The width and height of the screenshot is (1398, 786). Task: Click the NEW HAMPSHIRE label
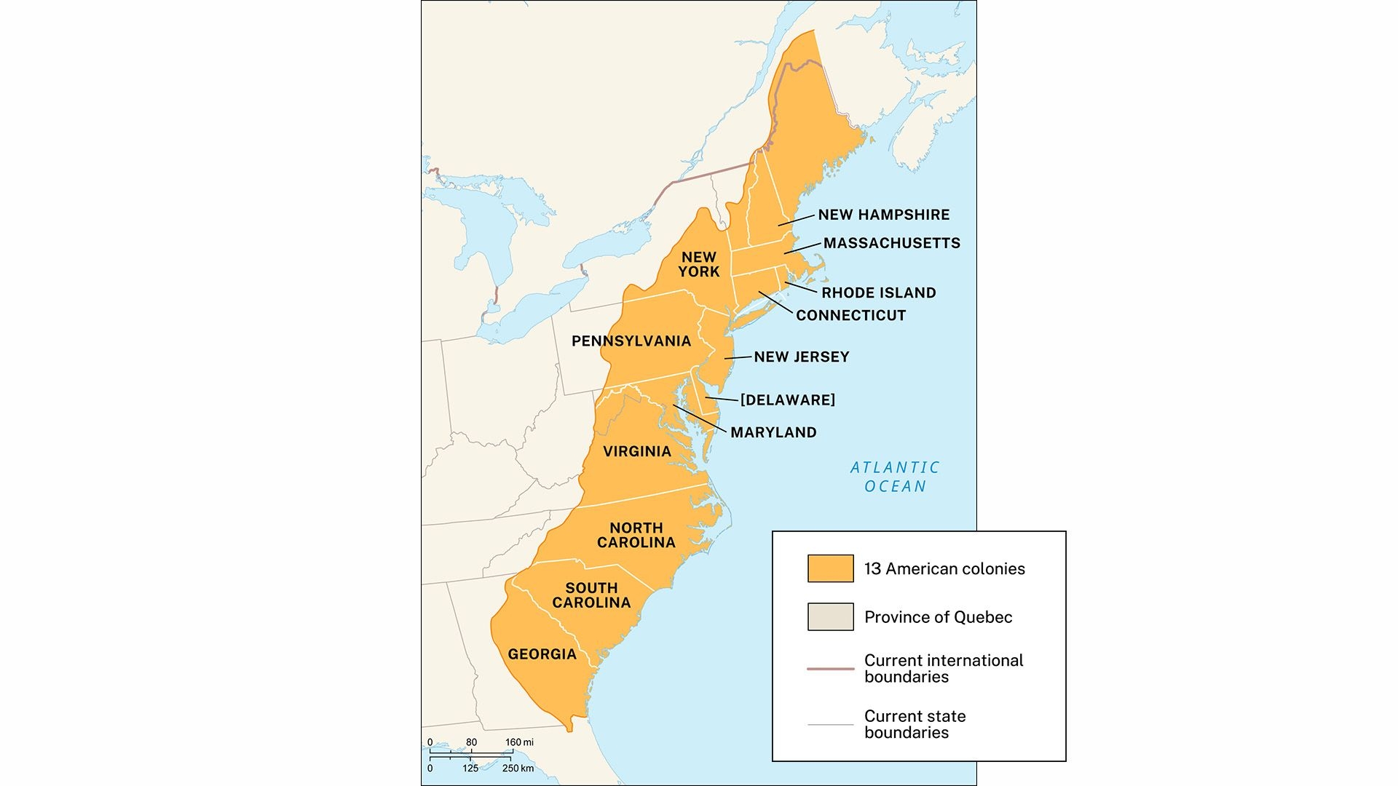click(883, 215)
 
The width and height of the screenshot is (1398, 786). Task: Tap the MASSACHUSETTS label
click(891, 243)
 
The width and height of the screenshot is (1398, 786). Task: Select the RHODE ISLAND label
click(878, 293)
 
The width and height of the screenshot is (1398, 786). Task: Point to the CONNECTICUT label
click(850, 315)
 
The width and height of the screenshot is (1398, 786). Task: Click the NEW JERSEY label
click(801, 357)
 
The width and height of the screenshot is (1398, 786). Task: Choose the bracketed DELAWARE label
click(787, 400)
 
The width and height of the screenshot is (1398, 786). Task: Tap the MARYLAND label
click(773, 432)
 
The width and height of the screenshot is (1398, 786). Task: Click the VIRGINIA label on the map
click(637, 451)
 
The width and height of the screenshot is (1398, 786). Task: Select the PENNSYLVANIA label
click(631, 341)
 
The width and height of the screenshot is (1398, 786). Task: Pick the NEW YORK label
click(699, 264)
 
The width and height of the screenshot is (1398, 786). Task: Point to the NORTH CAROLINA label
click(636, 535)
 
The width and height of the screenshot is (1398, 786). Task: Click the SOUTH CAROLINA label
click(591, 595)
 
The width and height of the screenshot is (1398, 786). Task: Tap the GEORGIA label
click(542, 654)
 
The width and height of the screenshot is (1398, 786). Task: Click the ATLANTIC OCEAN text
click(895, 477)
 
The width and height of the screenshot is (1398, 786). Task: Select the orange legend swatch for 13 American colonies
click(830, 568)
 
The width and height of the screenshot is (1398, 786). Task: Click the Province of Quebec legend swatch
click(830, 616)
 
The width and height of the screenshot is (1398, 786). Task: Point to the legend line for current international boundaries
click(830, 668)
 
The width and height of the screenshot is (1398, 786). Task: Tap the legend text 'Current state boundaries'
click(915, 724)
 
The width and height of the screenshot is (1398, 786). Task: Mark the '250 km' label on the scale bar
click(518, 769)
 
